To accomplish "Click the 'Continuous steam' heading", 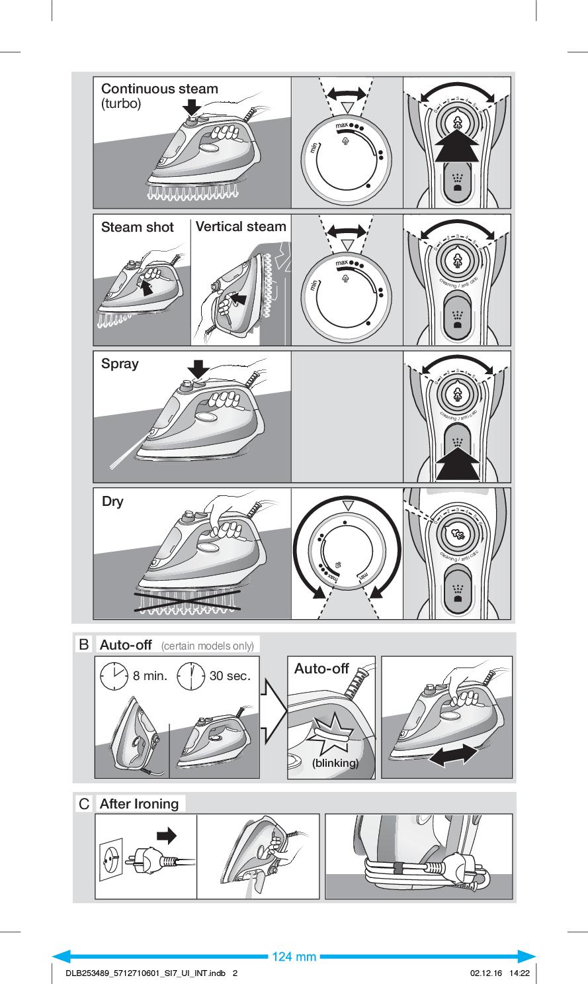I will [159, 89].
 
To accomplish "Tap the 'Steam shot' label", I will [137, 227].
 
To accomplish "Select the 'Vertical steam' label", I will [241, 226].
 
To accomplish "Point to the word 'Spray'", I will [120, 364].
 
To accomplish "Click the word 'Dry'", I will [112, 501].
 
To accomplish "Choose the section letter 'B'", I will [84, 644].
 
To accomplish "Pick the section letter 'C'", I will [84, 804].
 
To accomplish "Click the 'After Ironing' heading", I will [139, 804].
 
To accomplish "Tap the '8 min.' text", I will [150, 676].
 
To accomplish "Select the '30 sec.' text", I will [230, 676].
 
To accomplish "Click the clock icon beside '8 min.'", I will [114, 676].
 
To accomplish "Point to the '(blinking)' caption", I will [335, 763].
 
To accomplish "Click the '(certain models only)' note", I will [207, 646].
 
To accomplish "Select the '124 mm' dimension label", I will [294, 957].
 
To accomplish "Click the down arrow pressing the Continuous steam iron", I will [192, 107].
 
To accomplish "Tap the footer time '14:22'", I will [519, 973].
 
